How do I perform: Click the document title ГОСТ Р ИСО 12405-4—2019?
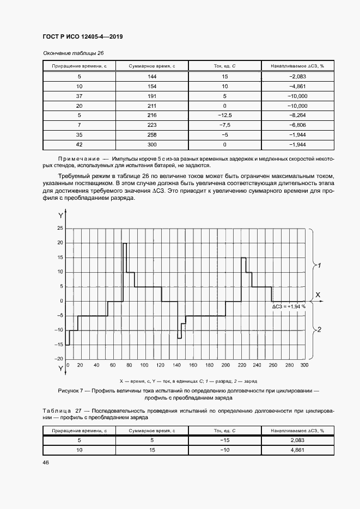(82, 36)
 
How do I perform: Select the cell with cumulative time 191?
(152, 96)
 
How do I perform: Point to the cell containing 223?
(152, 125)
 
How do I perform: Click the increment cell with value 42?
(80, 144)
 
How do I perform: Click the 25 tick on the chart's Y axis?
(60, 229)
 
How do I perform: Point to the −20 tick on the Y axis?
(59, 359)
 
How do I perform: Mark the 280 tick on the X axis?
(289, 365)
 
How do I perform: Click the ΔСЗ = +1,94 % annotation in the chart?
(289, 306)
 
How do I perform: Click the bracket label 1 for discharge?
(320, 266)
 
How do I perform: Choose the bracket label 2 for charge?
(320, 330)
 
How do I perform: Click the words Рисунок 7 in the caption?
(71, 391)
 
